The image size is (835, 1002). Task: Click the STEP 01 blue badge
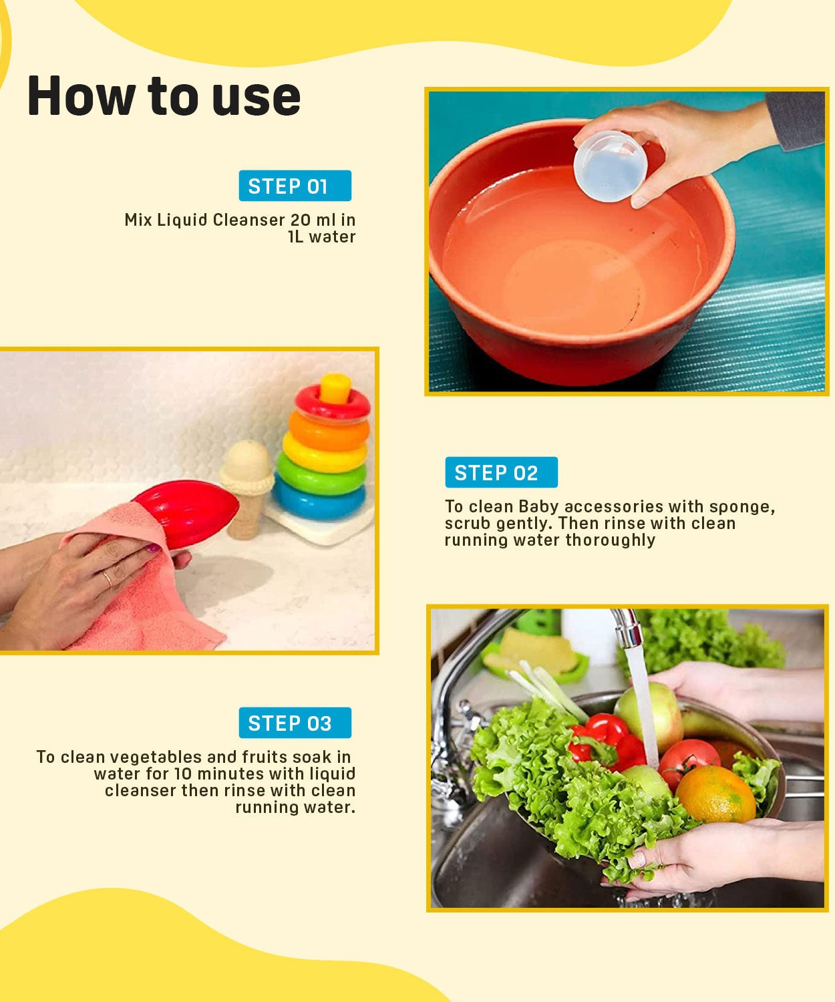(295, 186)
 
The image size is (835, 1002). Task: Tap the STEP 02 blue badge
(501, 472)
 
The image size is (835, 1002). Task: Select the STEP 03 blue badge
(295, 723)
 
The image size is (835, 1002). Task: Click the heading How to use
(164, 96)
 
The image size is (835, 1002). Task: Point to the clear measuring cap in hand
(610, 166)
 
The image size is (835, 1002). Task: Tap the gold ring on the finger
(108, 578)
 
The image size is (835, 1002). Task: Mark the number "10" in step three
(183, 774)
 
